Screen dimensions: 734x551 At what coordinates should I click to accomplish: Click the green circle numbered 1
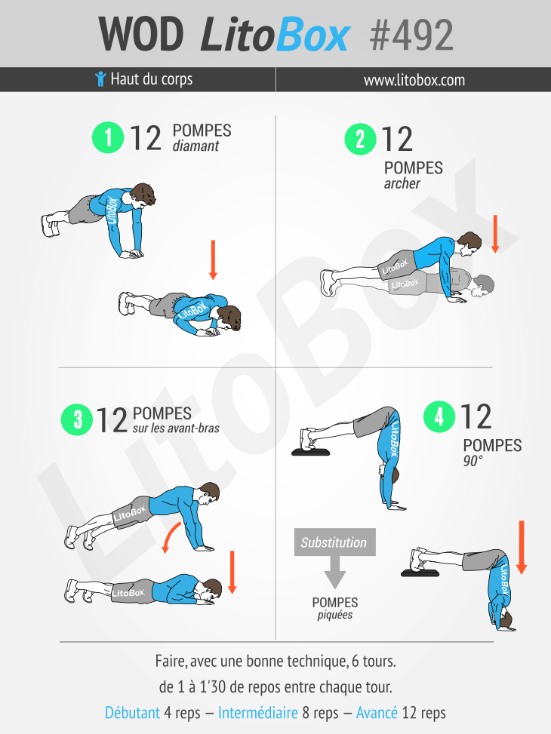(x=108, y=138)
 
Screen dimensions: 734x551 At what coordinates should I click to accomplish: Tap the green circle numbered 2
(x=360, y=140)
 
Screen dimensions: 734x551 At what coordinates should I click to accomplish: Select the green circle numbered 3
(x=78, y=419)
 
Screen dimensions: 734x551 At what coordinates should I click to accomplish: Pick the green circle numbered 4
(x=439, y=417)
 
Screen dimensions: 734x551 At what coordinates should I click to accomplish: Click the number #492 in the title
(x=411, y=34)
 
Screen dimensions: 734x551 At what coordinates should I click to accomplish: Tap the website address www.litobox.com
(x=414, y=80)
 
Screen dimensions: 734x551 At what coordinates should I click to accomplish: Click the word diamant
(x=195, y=146)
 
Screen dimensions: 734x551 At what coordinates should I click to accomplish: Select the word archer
(x=402, y=183)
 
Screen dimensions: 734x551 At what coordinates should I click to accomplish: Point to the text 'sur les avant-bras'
(x=176, y=428)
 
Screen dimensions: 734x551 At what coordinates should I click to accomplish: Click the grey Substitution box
(x=334, y=542)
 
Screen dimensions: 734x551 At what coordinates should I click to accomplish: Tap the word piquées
(x=334, y=615)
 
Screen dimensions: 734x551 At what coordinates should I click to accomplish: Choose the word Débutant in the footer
(x=133, y=712)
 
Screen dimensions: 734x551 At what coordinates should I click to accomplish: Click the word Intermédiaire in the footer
(x=258, y=712)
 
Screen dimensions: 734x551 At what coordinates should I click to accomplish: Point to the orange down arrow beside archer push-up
(x=495, y=233)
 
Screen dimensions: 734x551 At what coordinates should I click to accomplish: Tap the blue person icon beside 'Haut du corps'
(x=100, y=79)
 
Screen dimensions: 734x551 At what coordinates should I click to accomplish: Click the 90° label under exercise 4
(x=473, y=460)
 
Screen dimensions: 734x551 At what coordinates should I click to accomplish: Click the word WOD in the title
(x=141, y=34)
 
